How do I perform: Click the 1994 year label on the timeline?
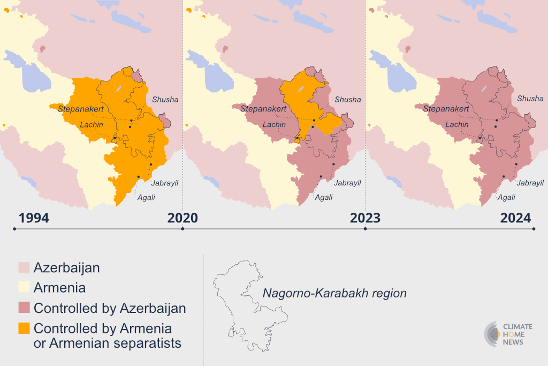[x=34, y=218]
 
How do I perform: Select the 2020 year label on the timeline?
[x=182, y=218]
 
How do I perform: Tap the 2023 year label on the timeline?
[x=365, y=218]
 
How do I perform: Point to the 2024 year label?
[x=515, y=218]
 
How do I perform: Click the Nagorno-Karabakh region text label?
[x=334, y=294]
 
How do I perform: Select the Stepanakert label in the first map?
[x=81, y=109]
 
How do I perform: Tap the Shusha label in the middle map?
[x=348, y=100]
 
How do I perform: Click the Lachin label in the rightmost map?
[x=457, y=125]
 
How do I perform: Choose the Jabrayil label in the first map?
[x=164, y=183]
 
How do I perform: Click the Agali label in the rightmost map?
[x=506, y=197]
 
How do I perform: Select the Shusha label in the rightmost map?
[x=530, y=99]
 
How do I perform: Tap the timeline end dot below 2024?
[x=534, y=229]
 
